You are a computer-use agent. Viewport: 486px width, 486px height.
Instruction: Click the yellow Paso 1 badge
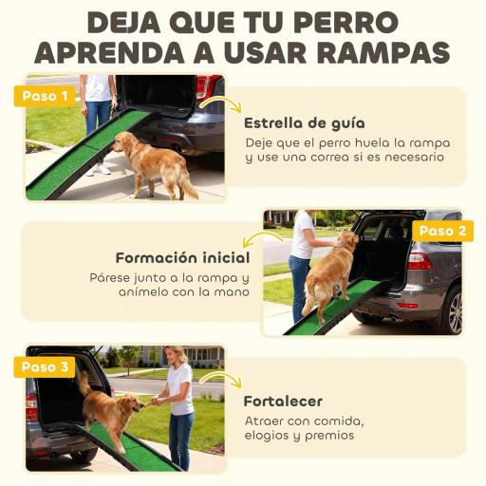click(45, 96)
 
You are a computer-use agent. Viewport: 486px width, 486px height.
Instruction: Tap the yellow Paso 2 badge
click(441, 231)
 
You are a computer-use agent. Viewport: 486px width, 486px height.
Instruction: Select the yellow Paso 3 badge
click(45, 366)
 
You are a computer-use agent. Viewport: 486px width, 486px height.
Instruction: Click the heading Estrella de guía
click(304, 122)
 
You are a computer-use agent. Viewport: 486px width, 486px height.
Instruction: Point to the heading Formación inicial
click(182, 257)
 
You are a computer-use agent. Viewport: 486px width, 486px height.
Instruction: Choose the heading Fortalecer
click(283, 401)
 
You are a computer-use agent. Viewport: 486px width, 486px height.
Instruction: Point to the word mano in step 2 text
click(230, 292)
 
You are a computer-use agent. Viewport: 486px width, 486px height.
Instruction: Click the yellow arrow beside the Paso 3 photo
click(220, 377)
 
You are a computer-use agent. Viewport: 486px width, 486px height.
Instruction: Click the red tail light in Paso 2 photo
click(418, 260)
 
